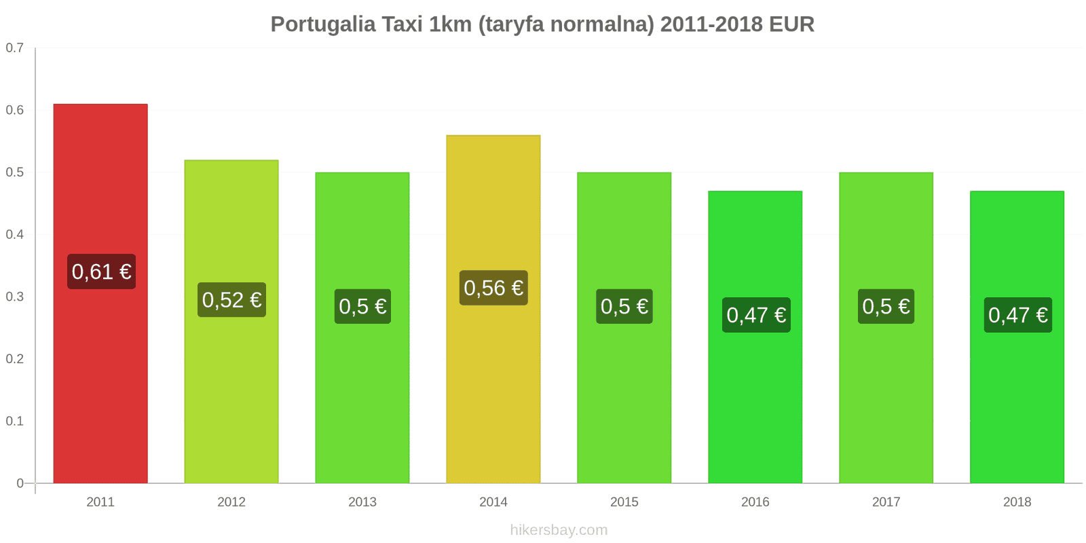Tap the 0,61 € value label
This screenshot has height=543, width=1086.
(x=101, y=271)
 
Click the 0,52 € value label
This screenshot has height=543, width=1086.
(x=231, y=300)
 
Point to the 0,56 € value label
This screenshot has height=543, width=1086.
(x=493, y=288)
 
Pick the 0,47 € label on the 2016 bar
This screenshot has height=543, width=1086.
(x=756, y=315)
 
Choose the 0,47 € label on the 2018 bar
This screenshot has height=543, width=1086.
(x=1017, y=315)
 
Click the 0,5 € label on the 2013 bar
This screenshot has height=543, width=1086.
(x=362, y=306)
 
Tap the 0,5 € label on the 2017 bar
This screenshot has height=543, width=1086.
(x=886, y=306)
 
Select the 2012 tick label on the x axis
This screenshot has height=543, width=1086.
(x=231, y=502)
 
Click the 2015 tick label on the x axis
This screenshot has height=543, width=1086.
(x=624, y=502)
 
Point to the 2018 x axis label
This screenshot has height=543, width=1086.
(x=1017, y=502)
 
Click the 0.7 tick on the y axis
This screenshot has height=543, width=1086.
(x=15, y=48)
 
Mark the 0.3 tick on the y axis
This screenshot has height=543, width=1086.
(x=15, y=297)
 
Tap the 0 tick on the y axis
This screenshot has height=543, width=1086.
(x=20, y=483)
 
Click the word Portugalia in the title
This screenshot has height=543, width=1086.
(x=322, y=24)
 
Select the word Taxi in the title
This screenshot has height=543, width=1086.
(x=402, y=24)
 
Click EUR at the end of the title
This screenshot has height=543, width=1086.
(x=791, y=24)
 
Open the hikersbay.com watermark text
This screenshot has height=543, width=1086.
(x=559, y=530)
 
